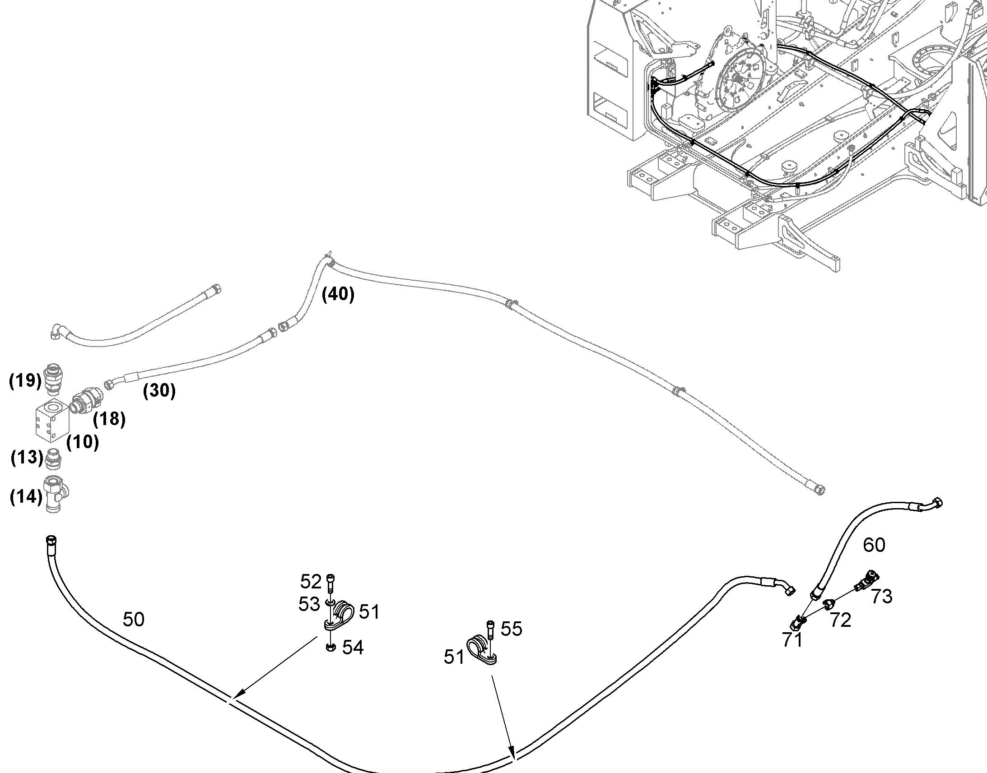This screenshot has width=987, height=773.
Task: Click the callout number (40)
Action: (338, 295)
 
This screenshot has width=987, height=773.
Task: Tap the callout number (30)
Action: (159, 390)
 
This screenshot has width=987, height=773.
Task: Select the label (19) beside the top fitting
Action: (25, 380)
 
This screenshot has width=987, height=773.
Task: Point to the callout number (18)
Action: (109, 420)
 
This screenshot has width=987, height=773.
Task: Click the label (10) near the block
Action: (83, 442)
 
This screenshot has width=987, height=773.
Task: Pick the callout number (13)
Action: (27, 457)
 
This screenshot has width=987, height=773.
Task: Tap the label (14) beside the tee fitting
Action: (26, 497)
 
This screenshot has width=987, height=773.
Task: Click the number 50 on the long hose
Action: (134, 620)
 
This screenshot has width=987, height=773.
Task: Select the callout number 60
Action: (874, 546)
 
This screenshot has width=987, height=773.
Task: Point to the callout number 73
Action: (881, 597)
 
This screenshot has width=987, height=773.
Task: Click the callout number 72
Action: (840, 620)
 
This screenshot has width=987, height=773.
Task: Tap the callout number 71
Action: (792, 640)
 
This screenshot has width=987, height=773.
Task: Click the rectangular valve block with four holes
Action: (52, 421)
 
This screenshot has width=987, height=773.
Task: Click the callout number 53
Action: (309, 604)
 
